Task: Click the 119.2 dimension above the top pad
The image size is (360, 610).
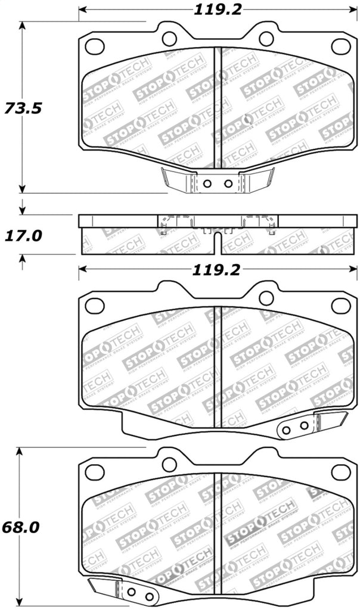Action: pyautogui.click(x=216, y=9)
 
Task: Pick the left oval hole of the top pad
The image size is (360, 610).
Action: pyautogui.click(x=95, y=45)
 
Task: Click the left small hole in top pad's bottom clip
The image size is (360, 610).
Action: pyautogui.click(x=207, y=183)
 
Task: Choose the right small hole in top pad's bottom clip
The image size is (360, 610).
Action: pyautogui.click(x=228, y=183)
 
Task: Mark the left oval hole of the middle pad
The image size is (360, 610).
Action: pyautogui.click(x=95, y=306)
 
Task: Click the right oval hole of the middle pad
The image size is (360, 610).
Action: pyautogui.click(x=341, y=306)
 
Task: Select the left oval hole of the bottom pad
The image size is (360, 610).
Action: pyautogui.click(x=95, y=472)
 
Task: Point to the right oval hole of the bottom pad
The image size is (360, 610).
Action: pyautogui.click(x=341, y=472)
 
